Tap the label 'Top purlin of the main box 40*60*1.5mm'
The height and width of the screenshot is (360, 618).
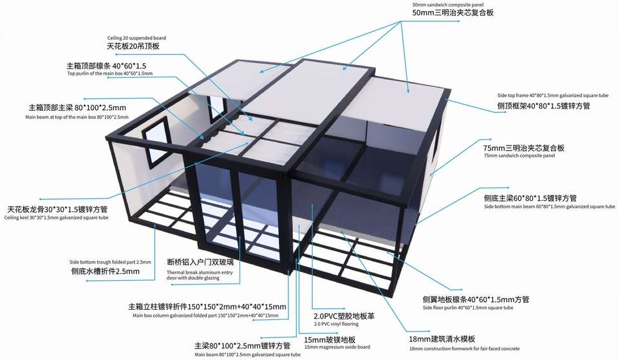coord(110,74)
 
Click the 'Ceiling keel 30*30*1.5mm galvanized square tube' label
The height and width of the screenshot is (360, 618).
coord(56,218)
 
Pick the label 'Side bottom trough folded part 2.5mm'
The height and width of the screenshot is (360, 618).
coord(110,262)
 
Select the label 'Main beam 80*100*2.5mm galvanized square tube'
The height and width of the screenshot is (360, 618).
coord(247,354)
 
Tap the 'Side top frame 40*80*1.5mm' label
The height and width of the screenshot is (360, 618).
coord(543,95)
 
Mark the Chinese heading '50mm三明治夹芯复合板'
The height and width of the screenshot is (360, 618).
coord(453,13)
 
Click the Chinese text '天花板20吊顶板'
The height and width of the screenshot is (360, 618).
coord(133,46)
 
